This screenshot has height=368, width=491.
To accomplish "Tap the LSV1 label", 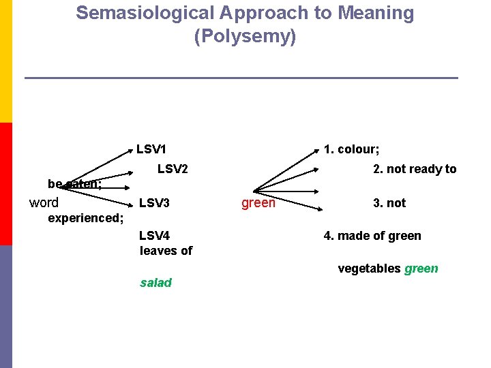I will coord(152,149).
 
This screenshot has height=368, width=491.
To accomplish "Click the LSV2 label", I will coord(173,169).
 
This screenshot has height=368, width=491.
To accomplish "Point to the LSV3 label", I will coord(154,202).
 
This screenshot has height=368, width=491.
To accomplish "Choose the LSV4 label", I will coord(154,236).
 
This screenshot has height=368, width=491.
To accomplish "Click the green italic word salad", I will coord(155,283).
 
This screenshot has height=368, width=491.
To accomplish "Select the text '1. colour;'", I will coord(352,149).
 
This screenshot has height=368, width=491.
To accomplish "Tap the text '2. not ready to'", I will coord(415,169).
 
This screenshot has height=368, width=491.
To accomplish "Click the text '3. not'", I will coord(389,202).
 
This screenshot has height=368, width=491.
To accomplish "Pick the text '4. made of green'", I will coord(372,236).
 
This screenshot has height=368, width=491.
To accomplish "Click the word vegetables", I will coord(369,269).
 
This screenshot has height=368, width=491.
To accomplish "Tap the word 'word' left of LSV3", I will coord(44,202).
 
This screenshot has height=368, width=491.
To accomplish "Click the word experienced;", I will coord(86,218).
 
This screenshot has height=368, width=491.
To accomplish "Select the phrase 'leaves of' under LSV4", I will coord(166,250).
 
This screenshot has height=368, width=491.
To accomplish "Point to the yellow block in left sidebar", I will coord(5,61).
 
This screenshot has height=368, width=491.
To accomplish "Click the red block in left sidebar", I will coord(5,184).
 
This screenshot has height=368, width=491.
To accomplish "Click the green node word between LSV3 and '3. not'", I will coord(258,202).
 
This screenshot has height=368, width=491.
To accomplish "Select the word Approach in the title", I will coord(255,13).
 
